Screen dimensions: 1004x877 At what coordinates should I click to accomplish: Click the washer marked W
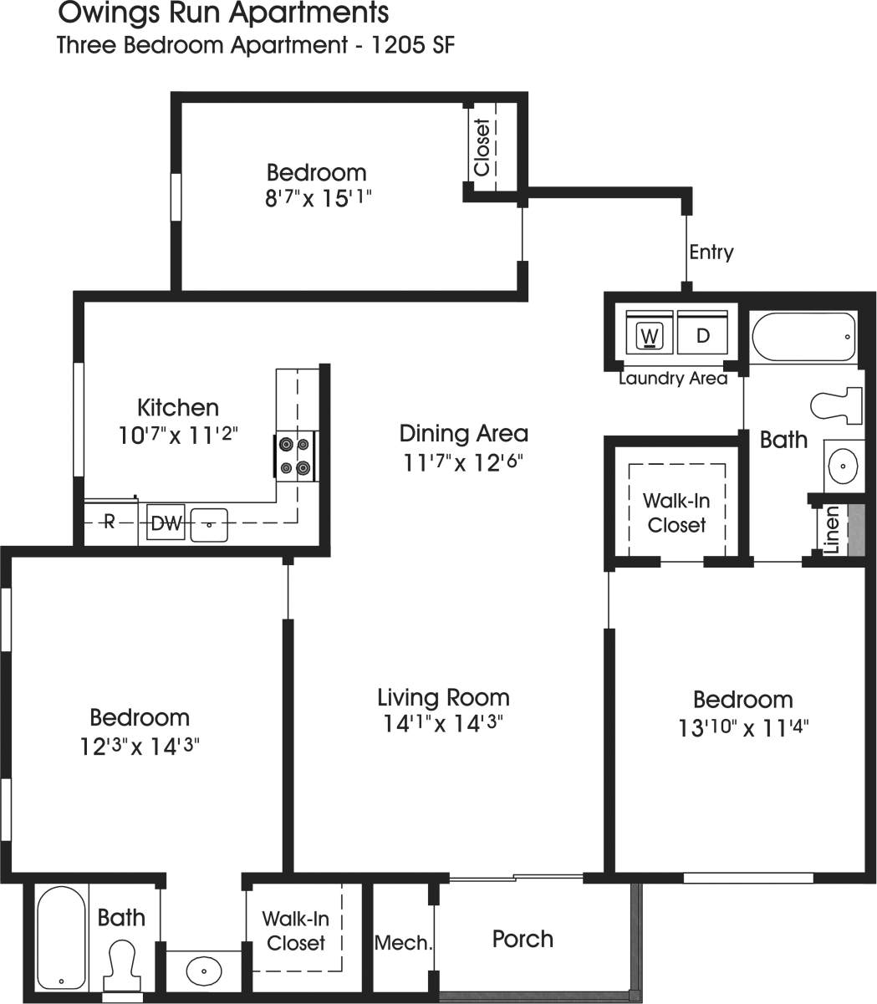click(649, 336)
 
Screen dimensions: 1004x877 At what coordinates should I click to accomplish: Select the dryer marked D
click(702, 336)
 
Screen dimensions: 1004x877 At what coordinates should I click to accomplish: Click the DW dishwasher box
click(166, 524)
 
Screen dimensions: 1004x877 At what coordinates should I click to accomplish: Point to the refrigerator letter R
click(109, 523)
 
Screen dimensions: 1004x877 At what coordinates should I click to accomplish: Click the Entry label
click(711, 252)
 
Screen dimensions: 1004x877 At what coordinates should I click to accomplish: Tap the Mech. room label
click(403, 944)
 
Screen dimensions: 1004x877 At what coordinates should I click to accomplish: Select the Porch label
click(523, 939)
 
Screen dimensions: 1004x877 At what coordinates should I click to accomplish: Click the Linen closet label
click(831, 530)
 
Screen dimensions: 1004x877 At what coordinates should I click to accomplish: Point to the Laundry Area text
click(673, 379)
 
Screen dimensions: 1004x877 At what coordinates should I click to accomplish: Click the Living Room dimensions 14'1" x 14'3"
click(443, 723)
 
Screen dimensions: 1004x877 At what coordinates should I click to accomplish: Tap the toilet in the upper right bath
click(837, 405)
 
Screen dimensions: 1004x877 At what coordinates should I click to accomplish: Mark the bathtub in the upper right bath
click(803, 337)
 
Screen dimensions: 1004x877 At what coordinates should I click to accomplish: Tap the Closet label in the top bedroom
click(482, 148)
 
